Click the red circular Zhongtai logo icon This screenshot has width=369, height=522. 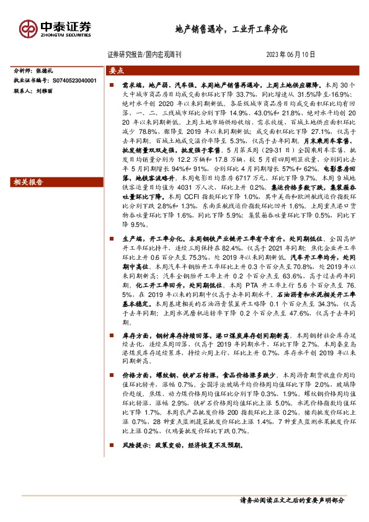tap(29, 29)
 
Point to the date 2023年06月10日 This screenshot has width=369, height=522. tap(295, 55)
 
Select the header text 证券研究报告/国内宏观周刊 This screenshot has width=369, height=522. tap(144, 55)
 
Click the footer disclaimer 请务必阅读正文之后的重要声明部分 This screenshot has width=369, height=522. tap(291, 500)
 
